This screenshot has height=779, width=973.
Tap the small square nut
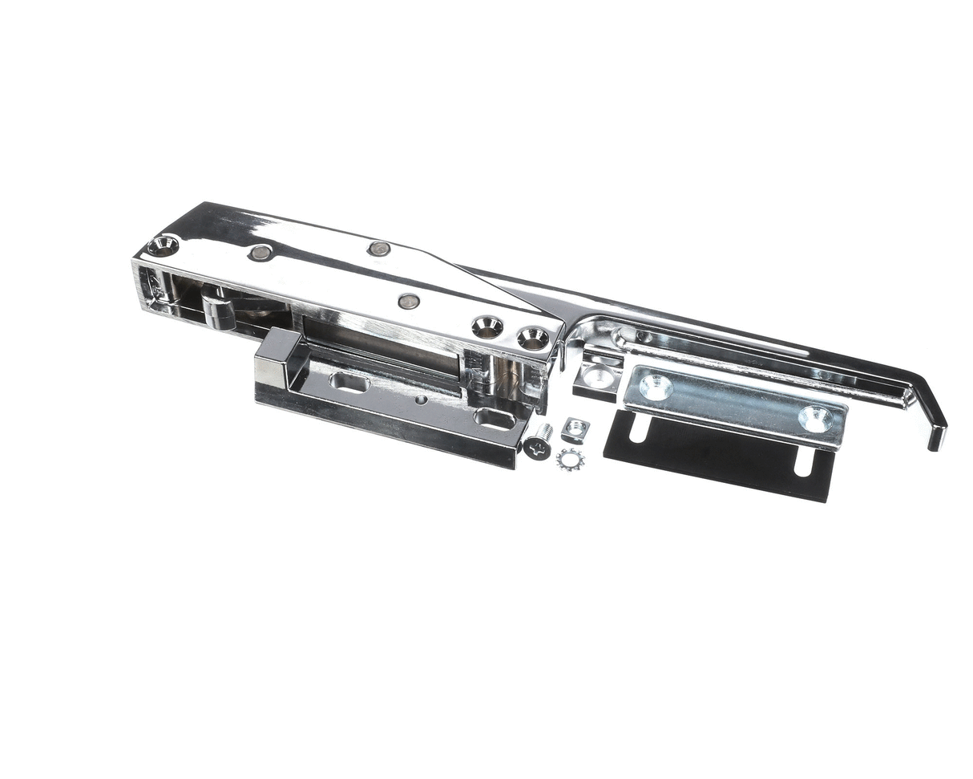coord(574,430)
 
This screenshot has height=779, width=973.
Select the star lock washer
coord(570,459)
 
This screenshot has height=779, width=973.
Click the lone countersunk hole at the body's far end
coord(163,245)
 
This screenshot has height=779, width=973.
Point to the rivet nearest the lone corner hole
coord(260,253)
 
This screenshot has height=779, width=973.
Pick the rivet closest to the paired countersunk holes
coord(409,302)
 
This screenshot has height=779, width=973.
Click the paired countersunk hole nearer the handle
coord(533,338)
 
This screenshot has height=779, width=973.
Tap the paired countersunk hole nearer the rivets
coord(486,326)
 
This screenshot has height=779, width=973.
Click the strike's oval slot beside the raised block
coord(349,382)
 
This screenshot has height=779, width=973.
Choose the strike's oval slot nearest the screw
coord(495,417)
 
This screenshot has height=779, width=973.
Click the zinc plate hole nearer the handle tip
coord(815,417)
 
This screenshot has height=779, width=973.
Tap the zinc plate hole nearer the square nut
coord(656,387)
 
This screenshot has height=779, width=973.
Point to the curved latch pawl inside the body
coord(218,309)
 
